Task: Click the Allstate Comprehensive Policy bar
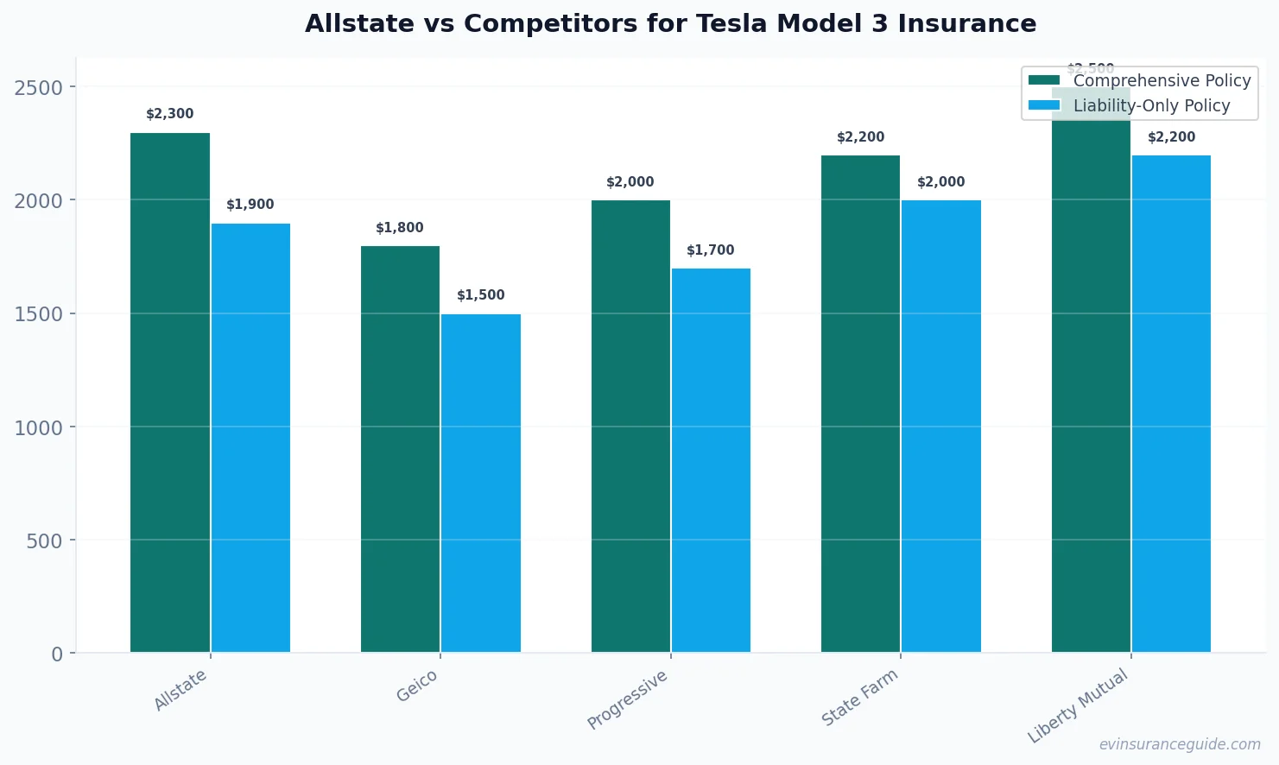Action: (x=170, y=393)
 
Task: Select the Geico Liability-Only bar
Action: (x=481, y=484)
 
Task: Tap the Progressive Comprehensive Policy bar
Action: (x=630, y=427)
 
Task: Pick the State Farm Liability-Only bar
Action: (x=941, y=427)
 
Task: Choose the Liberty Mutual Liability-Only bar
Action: (x=1171, y=404)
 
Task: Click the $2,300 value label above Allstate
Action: (x=170, y=114)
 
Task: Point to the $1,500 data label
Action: (x=481, y=295)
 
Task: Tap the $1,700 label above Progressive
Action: (x=711, y=250)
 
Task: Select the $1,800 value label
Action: (x=400, y=228)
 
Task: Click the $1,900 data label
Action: (x=250, y=205)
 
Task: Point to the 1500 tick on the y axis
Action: (x=39, y=314)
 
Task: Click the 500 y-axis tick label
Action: (x=45, y=541)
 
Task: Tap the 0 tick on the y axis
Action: (x=57, y=654)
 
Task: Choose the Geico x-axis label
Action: (x=417, y=686)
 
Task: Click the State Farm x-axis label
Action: (x=859, y=698)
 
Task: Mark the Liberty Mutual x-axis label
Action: (x=1078, y=705)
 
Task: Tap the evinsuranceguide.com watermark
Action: (x=1180, y=744)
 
